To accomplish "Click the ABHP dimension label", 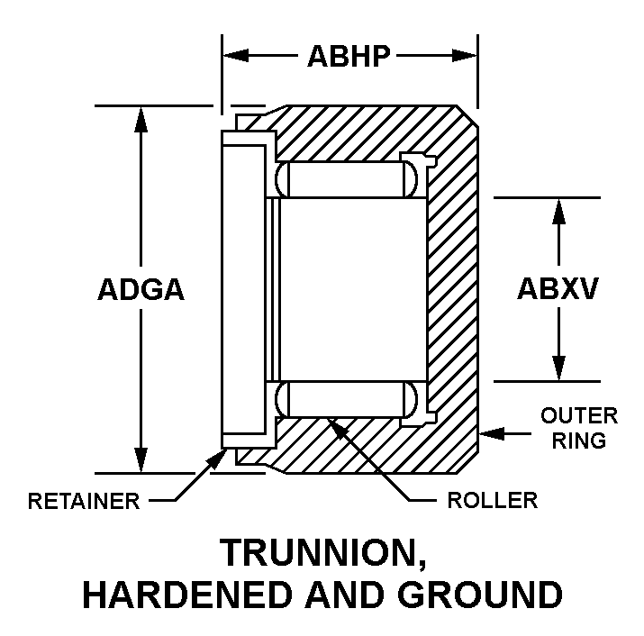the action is [349, 56].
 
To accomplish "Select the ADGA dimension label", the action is [141, 289].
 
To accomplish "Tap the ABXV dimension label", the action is [558, 288].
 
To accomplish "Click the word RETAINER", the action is [84, 501].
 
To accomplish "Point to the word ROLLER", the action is [492, 500].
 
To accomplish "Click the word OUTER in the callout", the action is [579, 416].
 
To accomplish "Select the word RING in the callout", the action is [578, 441].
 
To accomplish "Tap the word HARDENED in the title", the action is [186, 595].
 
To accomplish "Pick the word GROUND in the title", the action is [480, 595].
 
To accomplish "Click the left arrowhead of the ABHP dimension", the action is [235, 56].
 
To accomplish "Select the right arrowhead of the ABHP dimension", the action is [465, 56].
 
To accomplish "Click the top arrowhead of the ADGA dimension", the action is [141, 119].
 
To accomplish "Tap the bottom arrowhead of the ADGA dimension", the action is [141, 459].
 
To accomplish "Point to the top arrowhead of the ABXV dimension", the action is [558, 212].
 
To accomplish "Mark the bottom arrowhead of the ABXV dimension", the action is [558, 368].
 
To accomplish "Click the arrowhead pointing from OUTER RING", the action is [492, 433].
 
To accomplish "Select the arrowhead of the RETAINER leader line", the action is [215, 459].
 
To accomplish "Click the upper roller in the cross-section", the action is [346, 179].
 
